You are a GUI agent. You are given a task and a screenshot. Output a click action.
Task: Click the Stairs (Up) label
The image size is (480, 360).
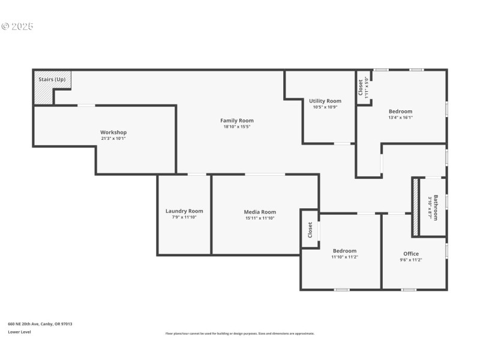click(52, 79)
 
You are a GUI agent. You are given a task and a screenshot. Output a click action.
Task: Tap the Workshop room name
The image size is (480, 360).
click(113, 132)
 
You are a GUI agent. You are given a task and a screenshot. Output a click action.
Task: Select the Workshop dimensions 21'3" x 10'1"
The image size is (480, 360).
click(113, 138)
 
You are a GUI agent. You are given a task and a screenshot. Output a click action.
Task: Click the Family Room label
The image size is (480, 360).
click(237, 121)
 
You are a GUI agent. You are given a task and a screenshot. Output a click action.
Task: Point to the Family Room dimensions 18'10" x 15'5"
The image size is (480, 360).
click(237, 127)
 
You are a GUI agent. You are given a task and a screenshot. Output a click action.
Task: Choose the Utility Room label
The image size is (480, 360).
click(325, 101)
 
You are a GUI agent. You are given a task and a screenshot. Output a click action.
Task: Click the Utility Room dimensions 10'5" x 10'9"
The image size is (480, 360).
click(325, 107)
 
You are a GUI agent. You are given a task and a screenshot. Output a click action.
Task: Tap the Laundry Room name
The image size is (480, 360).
click(184, 211)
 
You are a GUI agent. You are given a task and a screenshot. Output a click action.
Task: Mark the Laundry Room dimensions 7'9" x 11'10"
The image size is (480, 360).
click(184, 217)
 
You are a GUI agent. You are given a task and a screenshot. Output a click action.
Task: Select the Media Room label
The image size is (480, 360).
click(260, 212)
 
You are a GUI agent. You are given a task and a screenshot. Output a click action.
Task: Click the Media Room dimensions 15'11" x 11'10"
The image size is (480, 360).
click(260, 218)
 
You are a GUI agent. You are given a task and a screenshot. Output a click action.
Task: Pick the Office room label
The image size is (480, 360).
click(411, 254)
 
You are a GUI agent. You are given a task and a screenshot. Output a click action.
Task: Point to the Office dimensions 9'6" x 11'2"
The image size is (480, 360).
click(411, 260)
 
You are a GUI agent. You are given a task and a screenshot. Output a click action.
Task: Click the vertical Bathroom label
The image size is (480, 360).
click(436, 208)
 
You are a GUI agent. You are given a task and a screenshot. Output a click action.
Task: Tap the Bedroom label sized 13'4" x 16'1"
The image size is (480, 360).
click(400, 111)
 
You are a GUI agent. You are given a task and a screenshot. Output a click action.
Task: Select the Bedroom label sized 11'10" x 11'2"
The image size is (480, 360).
click(344, 251)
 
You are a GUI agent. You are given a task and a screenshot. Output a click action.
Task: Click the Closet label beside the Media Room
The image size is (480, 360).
click(310, 229)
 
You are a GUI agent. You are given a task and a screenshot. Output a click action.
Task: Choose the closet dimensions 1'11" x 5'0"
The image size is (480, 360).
click(366, 87)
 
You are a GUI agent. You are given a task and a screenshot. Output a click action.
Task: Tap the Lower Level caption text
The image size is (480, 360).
click(19, 332)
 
